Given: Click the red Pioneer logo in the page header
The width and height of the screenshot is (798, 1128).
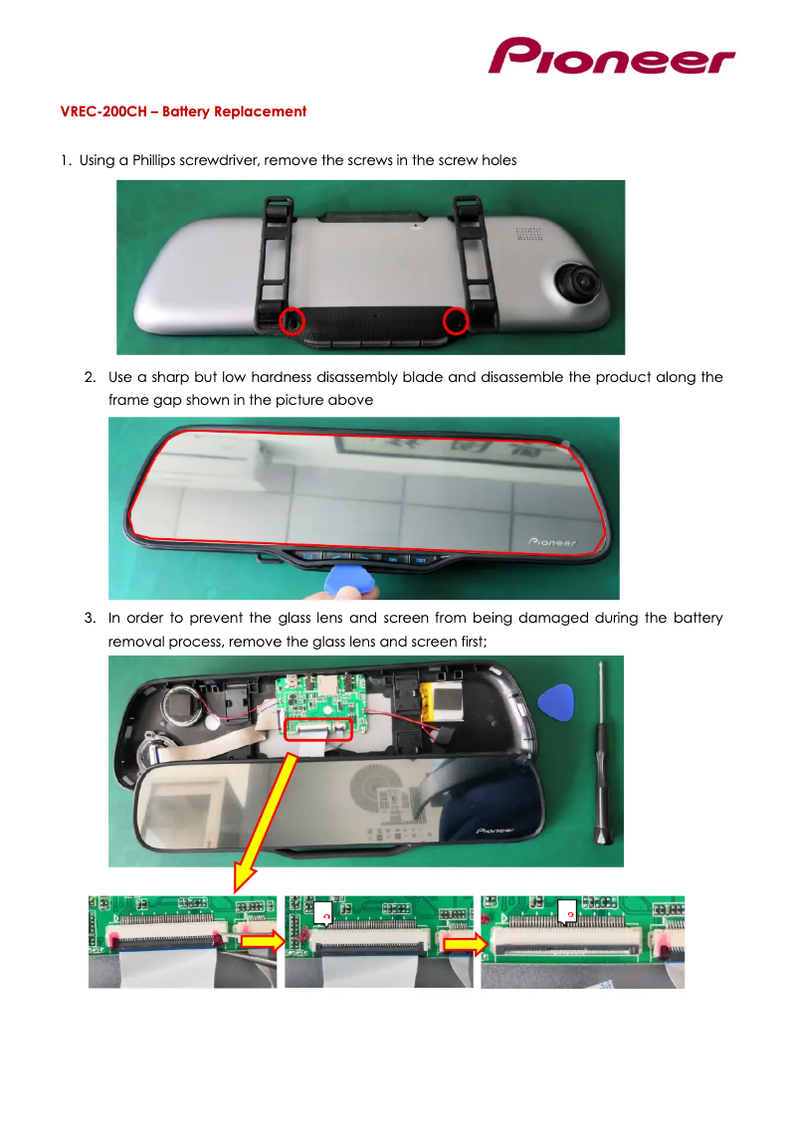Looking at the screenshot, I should click(611, 57).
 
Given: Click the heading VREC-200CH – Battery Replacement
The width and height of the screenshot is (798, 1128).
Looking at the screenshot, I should click(184, 111).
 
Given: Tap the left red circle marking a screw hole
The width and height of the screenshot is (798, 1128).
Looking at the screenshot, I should click(291, 320).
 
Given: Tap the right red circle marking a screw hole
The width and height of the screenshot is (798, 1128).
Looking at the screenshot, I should click(456, 320).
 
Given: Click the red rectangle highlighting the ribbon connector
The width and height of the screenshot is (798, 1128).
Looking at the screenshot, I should click(318, 731).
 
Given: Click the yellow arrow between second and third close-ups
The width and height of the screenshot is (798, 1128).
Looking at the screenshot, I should click(462, 941).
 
